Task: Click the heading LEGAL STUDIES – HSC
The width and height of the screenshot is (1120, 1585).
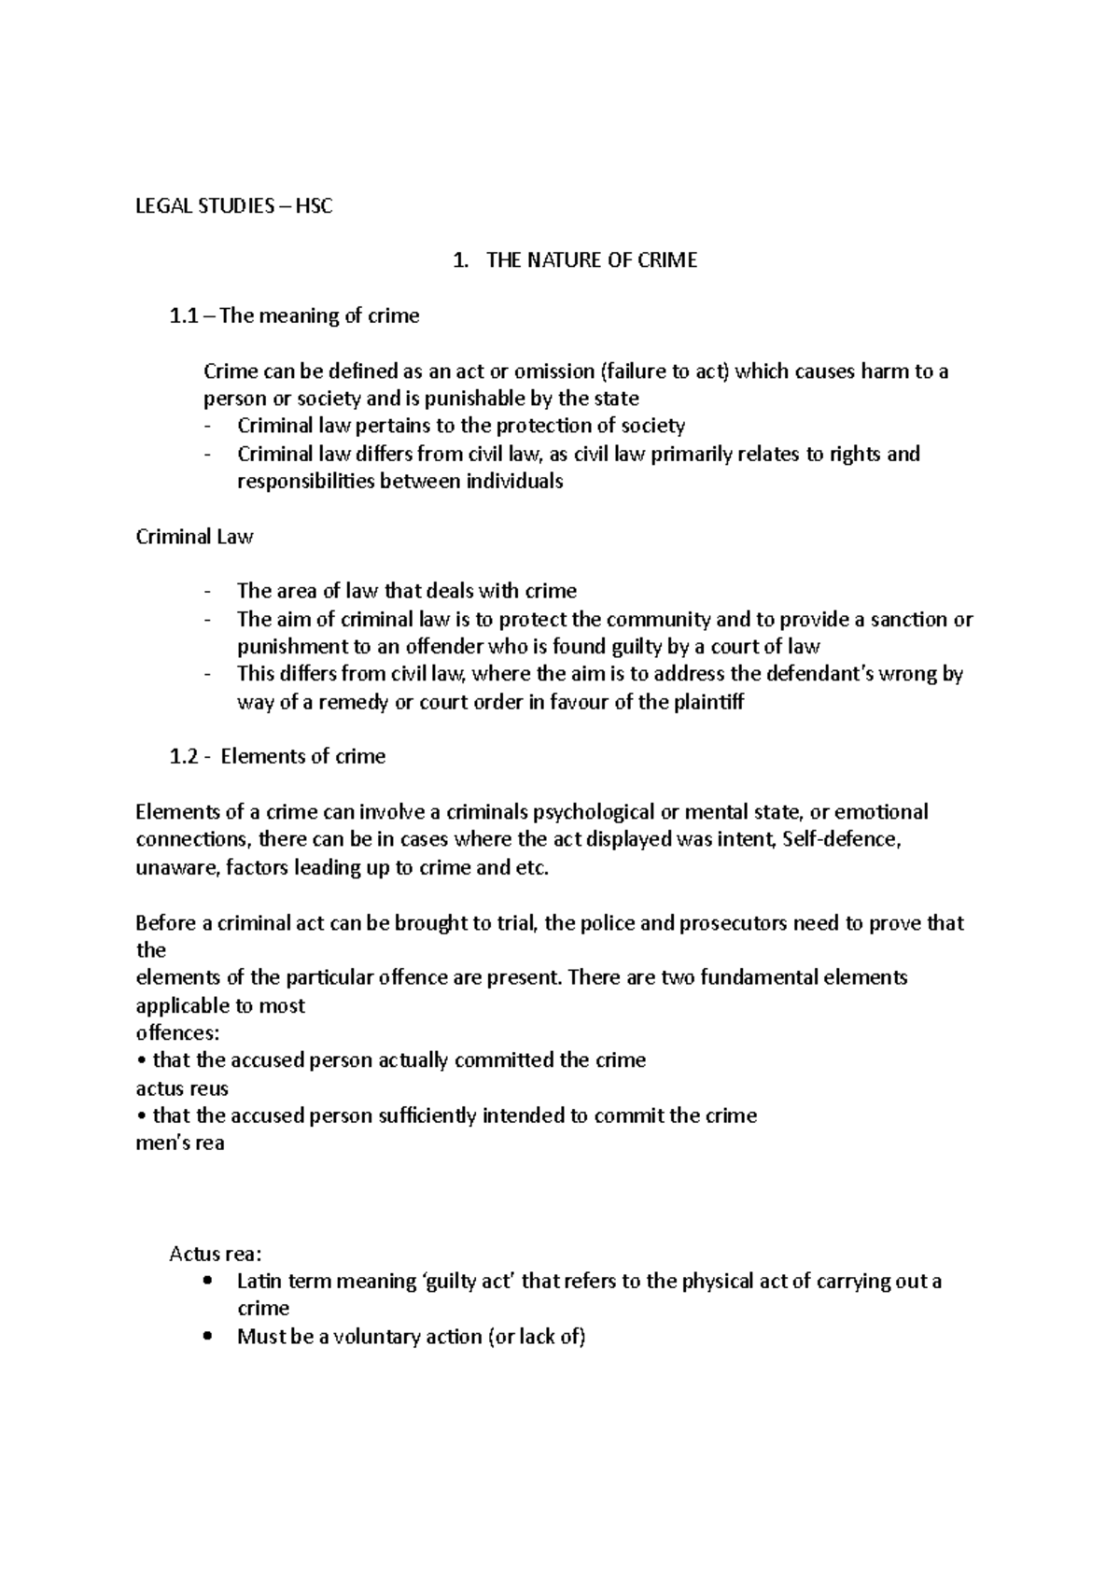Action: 233,206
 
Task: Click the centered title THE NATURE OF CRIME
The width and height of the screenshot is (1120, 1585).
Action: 591,261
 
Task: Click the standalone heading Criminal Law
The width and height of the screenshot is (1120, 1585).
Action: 194,538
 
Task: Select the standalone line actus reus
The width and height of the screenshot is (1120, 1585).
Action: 182,1088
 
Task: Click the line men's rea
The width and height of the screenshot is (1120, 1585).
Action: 180,1143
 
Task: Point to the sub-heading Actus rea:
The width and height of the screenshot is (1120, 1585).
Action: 215,1254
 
